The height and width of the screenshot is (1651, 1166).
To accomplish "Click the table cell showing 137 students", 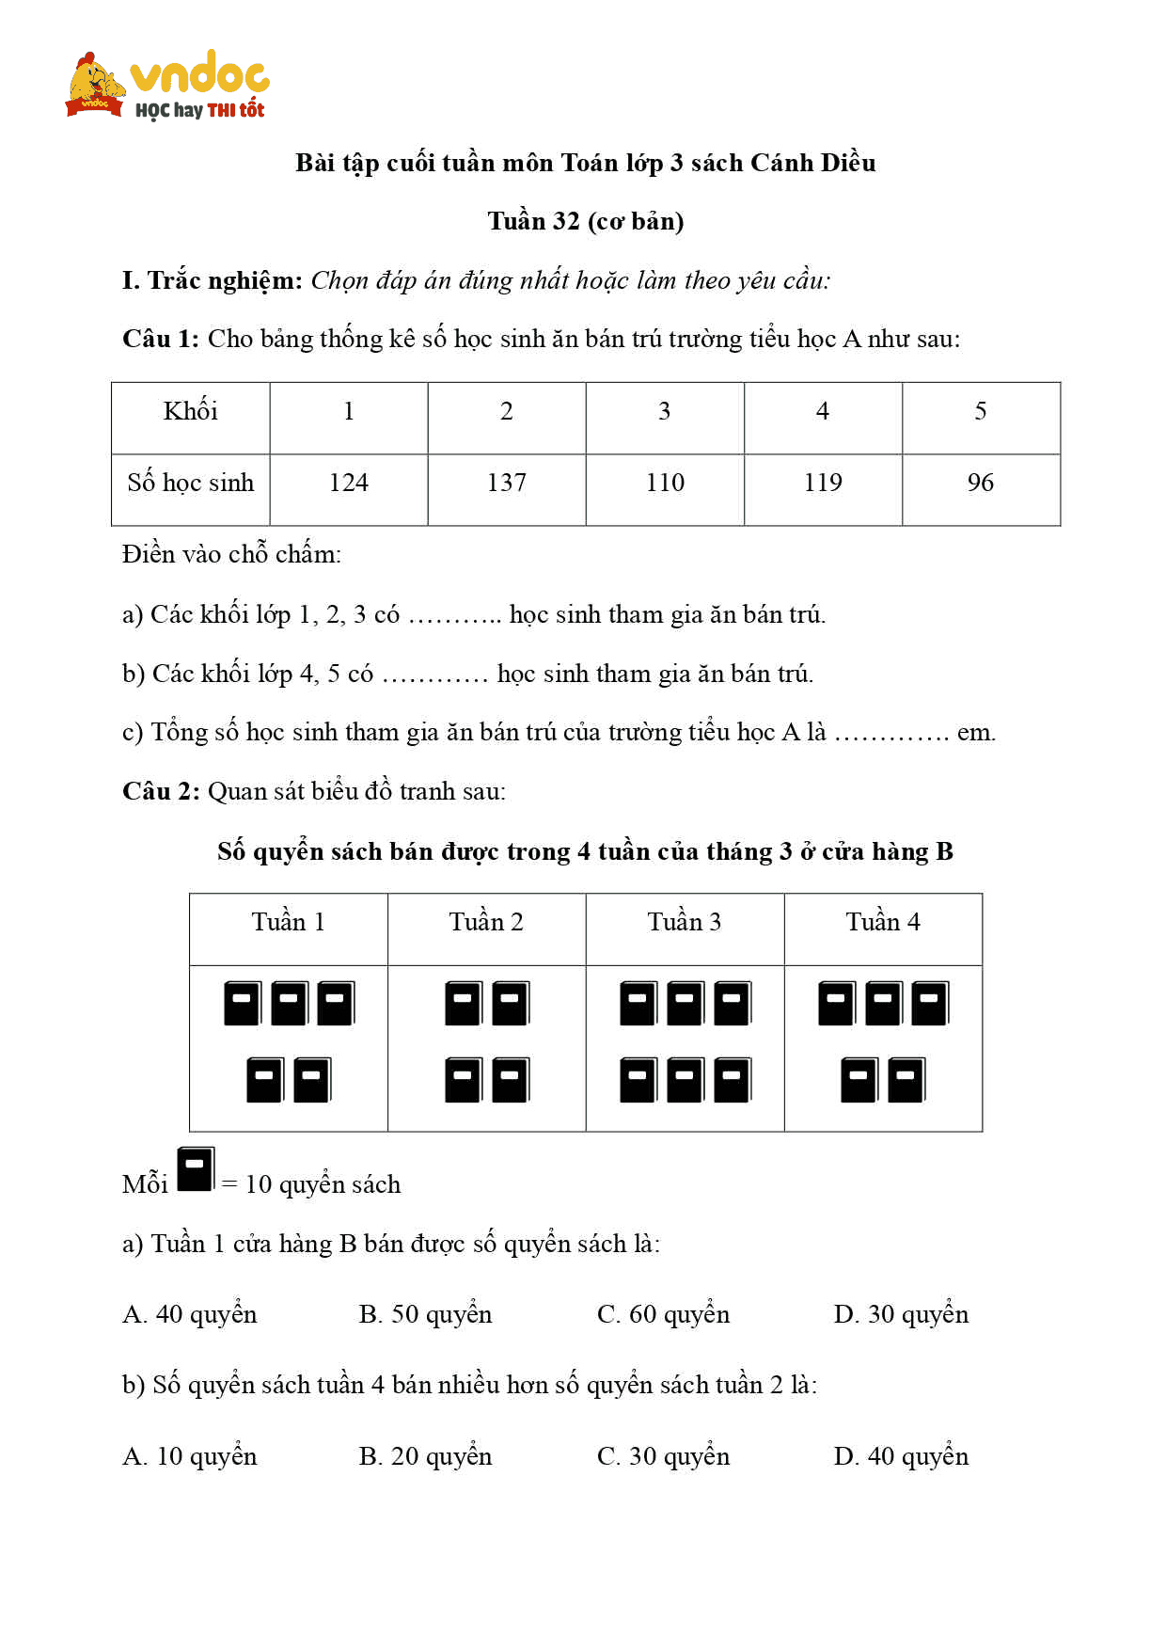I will point(506,483).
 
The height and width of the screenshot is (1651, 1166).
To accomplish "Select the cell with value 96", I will point(980,483).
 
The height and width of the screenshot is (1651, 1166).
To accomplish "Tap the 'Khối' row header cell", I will point(190,411).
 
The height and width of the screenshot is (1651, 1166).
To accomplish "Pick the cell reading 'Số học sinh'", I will point(190,483).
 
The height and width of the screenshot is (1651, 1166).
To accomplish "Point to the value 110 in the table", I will point(665,483).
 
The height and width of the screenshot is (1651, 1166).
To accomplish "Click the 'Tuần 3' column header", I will point(684,922).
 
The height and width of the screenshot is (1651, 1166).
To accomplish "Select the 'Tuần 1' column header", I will point(288,922).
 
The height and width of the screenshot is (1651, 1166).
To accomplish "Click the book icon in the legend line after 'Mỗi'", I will point(196,1169).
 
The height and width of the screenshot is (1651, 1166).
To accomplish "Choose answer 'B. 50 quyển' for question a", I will point(425,1314).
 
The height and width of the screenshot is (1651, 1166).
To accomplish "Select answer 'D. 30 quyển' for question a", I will point(900,1314).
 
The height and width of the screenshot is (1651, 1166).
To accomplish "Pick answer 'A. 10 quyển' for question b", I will point(189,1456).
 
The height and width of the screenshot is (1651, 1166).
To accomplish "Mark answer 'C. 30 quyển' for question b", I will point(663,1456).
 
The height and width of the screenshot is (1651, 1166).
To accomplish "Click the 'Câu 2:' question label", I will point(161,791).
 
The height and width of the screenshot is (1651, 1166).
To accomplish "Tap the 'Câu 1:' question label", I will point(161,339).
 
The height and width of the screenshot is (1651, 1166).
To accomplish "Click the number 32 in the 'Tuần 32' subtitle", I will point(565,221).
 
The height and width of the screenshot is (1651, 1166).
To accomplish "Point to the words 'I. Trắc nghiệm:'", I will point(213,280).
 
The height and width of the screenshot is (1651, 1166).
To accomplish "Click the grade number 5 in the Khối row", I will point(980,411).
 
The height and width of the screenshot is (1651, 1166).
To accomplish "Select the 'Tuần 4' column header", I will point(882,922).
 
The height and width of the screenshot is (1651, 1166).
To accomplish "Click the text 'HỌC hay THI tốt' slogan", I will point(199,110).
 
